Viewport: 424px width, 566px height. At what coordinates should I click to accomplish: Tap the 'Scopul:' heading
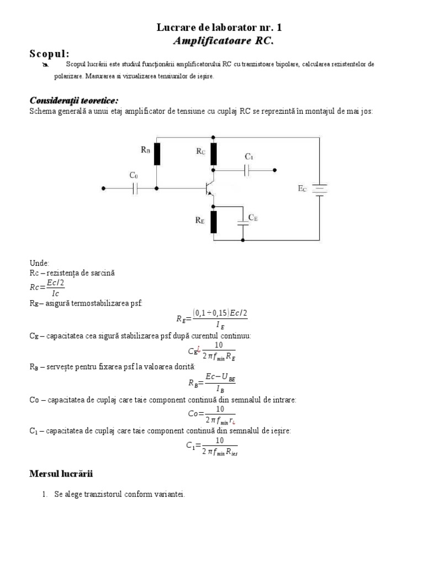coord(50,54)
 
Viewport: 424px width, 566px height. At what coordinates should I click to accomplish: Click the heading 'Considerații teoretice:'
coord(73,100)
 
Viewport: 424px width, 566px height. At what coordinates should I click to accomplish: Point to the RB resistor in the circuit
coord(157,154)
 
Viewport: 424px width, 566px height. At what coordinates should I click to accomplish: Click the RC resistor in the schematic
coord(214,154)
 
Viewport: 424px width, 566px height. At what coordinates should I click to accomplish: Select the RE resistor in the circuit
coord(214,222)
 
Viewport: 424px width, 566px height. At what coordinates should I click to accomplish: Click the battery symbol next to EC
coord(320,189)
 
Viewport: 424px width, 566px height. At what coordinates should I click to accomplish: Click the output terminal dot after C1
coord(275,170)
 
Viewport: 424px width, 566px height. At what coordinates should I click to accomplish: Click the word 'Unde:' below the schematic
coord(39,264)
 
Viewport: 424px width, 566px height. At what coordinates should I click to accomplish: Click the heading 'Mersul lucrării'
coord(61,474)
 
